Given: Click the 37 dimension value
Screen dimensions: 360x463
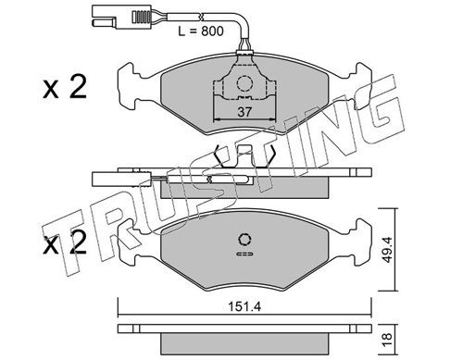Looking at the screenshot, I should pyautogui.click(x=243, y=113).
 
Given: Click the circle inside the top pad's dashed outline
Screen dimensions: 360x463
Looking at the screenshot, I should pyautogui.click(x=244, y=84).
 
